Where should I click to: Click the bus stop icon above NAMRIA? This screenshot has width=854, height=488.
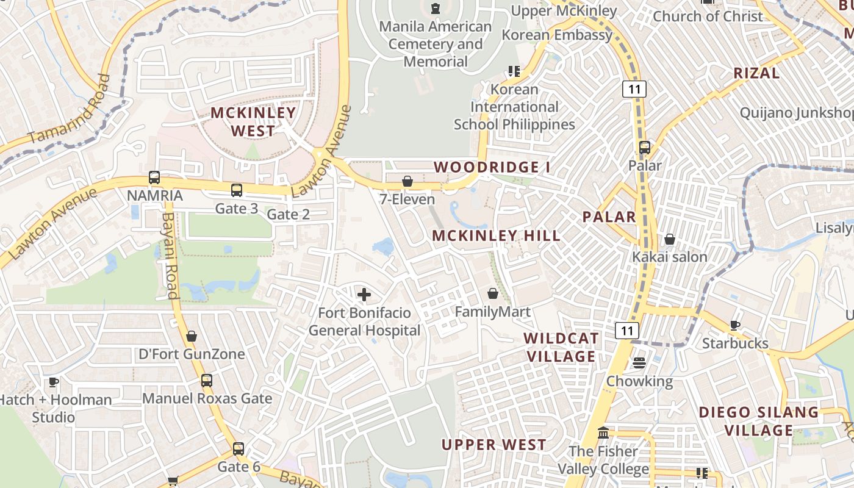[x=154, y=178]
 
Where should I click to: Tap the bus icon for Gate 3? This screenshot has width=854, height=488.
[x=237, y=190]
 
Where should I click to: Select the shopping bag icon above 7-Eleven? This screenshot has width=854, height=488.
[x=407, y=181]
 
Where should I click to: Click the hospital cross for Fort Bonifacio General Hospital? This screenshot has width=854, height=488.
[x=364, y=295]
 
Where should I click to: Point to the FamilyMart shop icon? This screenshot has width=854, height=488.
[x=493, y=294]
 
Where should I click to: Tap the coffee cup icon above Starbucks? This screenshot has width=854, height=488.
[x=735, y=325]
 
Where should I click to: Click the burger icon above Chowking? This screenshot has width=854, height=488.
[x=639, y=363]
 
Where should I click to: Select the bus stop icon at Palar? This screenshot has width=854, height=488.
[x=645, y=148]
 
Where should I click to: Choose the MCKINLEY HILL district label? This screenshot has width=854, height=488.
[x=497, y=236]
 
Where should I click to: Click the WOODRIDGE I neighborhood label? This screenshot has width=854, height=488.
[x=487, y=167]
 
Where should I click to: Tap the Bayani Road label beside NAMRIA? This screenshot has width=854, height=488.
[x=170, y=256]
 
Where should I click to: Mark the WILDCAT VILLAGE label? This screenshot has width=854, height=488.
[x=561, y=347]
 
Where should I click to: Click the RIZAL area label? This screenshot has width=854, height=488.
[x=756, y=73]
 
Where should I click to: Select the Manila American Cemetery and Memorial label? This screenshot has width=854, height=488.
[x=436, y=44]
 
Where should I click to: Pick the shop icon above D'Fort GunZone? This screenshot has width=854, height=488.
[x=192, y=336]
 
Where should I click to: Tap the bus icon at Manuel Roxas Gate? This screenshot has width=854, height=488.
[x=207, y=381]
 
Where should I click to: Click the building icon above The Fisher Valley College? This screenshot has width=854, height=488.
[x=603, y=432]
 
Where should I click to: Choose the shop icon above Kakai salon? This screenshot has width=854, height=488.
[x=670, y=239]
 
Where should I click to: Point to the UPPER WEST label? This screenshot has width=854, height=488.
[x=493, y=445]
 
